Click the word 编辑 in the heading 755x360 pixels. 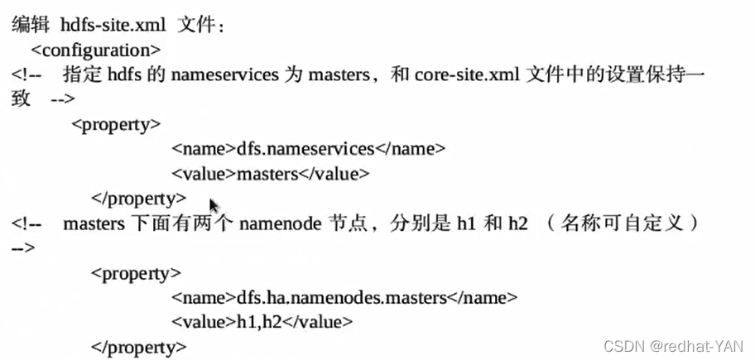pos(30,25)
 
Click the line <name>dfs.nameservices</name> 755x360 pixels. pos(309,149)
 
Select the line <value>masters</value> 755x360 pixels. pos(270,174)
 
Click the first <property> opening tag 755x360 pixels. pos(116,124)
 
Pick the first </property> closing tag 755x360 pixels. pos(138,199)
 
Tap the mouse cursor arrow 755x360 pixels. pos(214,204)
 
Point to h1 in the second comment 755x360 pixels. pos(465,223)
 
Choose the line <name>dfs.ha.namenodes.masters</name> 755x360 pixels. pos(344,297)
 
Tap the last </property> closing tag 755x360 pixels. pos(138,346)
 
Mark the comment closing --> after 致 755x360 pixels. pos(62,99)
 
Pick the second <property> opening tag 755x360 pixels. pos(136,272)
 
